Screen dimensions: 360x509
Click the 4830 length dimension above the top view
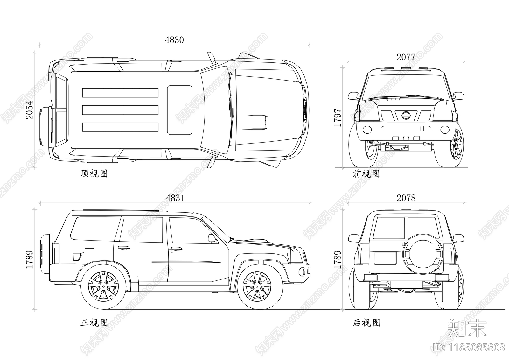(x=174, y=40)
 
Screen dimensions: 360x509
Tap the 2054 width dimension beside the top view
(x=29, y=110)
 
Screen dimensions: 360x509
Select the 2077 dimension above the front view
(x=406, y=57)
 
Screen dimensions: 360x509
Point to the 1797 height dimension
(x=338, y=118)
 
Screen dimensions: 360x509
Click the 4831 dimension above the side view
(x=175, y=198)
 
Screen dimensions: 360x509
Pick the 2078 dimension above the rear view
(x=406, y=198)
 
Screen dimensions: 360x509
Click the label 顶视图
(x=94, y=173)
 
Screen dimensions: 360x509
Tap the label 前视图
(x=366, y=174)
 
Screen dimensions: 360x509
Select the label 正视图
(x=94, y=323)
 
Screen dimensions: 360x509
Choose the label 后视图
(x=366, y=323)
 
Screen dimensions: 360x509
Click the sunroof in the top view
(x=180, y=110)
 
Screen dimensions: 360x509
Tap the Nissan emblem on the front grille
(x=406, y=115)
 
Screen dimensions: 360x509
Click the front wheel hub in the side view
(x=257, y=286)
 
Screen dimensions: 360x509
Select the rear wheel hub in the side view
(x=103, y=286)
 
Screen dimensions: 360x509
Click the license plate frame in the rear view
(x=385, y=258)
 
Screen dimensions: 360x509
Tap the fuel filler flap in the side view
(x=77, y=256)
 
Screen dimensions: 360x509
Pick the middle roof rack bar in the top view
(x=120, y=110)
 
